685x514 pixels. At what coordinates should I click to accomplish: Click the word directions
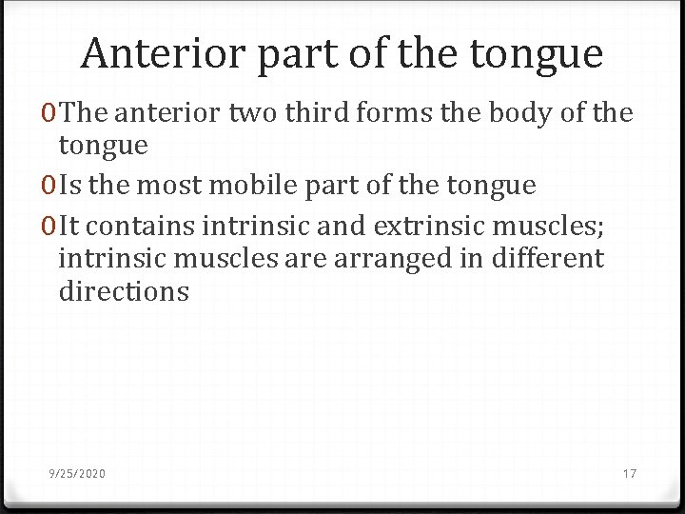click(124, 291)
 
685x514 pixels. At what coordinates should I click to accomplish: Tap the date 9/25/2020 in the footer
click(78, 474)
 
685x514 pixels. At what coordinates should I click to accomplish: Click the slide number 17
click(630, 474)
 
